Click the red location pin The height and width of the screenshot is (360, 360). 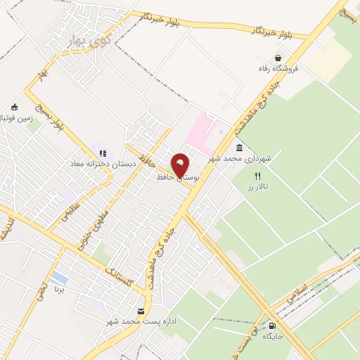click(x=181, y=167)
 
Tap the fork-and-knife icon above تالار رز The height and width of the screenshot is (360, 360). click(x=257, y=176)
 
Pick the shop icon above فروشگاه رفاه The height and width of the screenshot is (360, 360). click(x=279, y=58)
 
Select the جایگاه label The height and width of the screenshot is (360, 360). click(x=273, y=336)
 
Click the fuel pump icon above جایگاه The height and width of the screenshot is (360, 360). click(x=272, y=326)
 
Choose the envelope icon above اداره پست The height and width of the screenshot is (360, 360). click(x=142, y=311)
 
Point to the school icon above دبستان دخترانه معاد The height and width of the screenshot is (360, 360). click(x=103, y=153)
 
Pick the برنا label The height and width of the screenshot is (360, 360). click(x=60, y=289)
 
